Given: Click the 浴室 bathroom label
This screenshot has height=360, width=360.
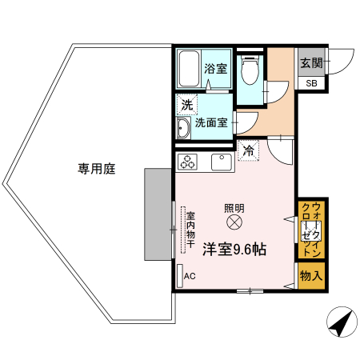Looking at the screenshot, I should click(x=214, y=68).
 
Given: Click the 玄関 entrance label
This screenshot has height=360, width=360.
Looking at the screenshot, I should click(x=311, y=62).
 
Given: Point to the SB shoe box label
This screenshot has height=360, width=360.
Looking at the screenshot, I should click(x=310, y=82).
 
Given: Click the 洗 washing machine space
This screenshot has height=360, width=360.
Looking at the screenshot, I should click(x=186, y=104).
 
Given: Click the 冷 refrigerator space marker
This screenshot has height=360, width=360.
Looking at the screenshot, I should click(x=249, y=150).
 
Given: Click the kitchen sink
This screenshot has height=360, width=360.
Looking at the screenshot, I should click(x=221, y=162).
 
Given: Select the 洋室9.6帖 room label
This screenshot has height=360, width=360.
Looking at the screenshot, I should click(x=234, y=249).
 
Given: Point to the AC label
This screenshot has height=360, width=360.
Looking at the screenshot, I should click(x=190, y=277).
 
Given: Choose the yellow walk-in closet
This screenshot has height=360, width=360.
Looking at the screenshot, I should click(x=310, y=230).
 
